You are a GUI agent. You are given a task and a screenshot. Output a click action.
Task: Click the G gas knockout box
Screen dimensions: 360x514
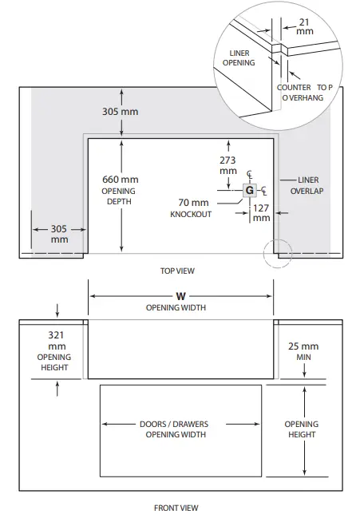[250, 190]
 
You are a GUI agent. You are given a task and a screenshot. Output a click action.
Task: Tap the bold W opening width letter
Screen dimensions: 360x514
[180, 296]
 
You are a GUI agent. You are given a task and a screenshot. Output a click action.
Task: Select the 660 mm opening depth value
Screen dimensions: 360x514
[121, 180]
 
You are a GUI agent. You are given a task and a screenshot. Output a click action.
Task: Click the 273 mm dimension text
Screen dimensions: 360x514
[227, 165]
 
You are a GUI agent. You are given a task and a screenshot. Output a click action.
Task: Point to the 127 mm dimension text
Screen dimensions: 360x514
[261, 213]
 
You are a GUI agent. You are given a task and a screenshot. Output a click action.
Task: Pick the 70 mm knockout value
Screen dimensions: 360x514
[193, 203]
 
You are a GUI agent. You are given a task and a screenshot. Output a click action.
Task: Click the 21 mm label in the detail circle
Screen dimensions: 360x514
[305, 26]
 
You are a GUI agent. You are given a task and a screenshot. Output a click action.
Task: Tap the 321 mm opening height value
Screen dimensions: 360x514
[57, 340]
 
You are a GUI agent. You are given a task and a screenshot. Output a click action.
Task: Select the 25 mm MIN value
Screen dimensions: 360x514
[303, 346]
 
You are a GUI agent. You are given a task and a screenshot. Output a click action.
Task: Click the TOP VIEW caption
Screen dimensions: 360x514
[177, 271]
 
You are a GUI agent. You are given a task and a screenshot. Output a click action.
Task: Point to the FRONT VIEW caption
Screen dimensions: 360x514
[176, 508]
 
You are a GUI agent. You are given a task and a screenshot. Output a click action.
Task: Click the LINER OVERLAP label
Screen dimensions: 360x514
[307, 185]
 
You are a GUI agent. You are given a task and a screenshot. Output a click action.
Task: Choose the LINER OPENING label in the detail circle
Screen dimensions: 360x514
[239, 57]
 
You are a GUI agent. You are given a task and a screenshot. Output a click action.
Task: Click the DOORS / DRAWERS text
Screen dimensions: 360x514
[174, 424]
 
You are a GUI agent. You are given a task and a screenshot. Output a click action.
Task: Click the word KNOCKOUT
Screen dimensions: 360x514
[191, 215]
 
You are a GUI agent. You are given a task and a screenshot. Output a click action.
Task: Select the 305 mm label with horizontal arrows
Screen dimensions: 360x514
[59, 234]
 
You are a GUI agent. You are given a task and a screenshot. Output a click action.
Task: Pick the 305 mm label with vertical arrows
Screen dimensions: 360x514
[120, 112]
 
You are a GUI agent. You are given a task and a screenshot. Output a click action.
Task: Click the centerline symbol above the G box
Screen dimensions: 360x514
[250, 175]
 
